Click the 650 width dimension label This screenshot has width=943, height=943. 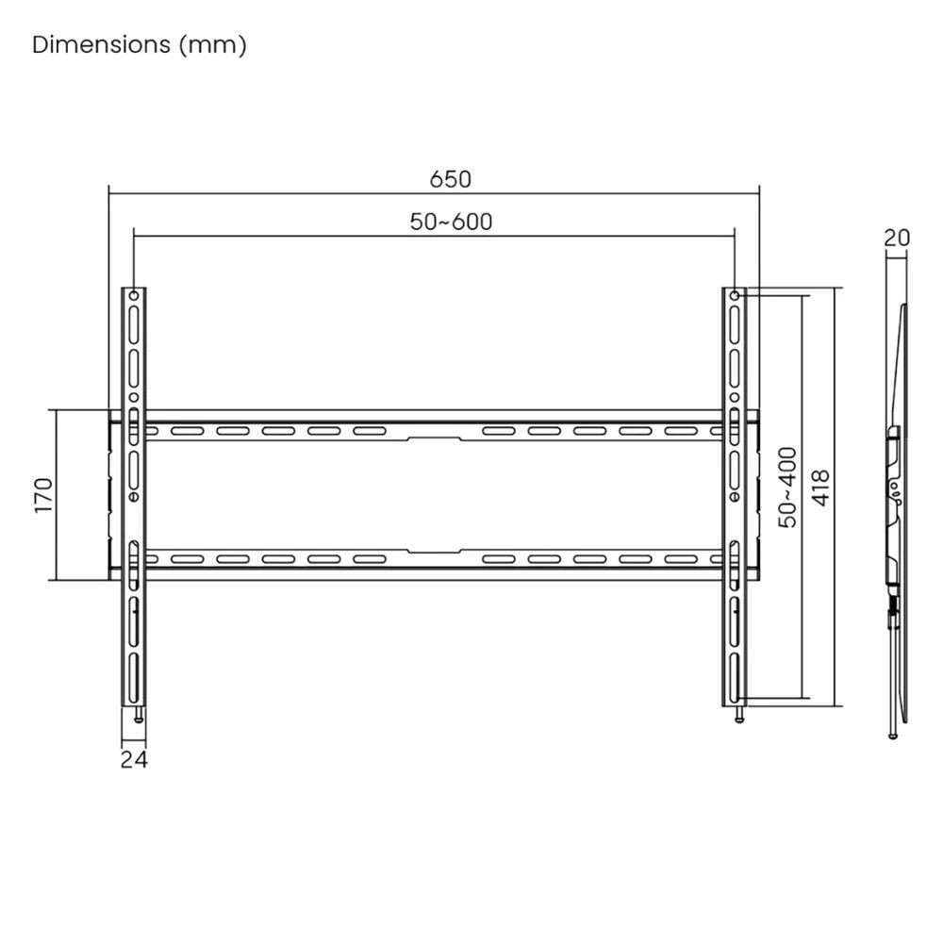tap(450, 178)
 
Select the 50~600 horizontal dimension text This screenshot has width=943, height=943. tap(451, 222)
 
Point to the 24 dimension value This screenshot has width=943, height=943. tap(134, 759)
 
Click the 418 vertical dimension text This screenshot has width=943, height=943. tap(820, 489)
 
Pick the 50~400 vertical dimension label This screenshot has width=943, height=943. tap(787, 487)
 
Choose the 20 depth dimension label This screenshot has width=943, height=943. tap(897, 238)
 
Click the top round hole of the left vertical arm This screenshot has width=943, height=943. tap(134, 297)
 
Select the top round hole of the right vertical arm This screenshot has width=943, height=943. tap(734, 297)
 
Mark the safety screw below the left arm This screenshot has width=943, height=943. tap(140, 715)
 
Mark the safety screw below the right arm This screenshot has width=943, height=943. tap(739, 715)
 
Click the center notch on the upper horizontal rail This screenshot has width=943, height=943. tap(434, 438)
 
